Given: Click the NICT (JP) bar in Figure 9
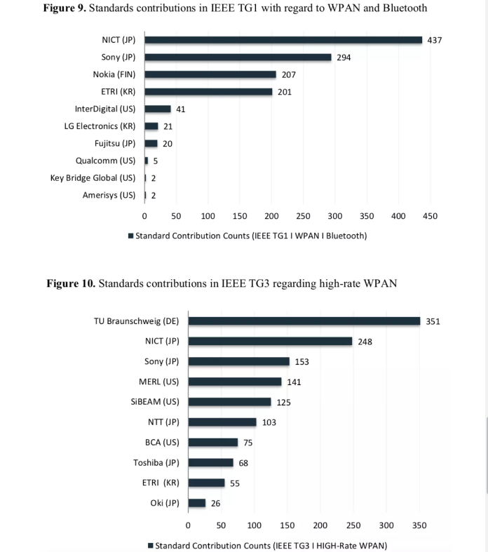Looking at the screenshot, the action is click(x=283, y=40).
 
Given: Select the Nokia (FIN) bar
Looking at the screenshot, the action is click(x=210, y=74).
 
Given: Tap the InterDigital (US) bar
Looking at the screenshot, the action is click(x=158, y=109).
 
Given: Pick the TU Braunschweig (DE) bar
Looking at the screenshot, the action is click(x=304, y=321).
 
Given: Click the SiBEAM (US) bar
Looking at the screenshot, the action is click(x=230, y=402).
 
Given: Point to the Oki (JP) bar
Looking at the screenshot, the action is click(x=197, y=503).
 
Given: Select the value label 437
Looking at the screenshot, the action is click(x=435, y=40).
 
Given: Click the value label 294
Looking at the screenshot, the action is click(x=344, y=58).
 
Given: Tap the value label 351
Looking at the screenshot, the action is click(x=433, y=321).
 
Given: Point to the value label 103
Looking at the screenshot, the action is click(x=269, y=422).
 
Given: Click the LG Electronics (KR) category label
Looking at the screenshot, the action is click(x=100, y=126).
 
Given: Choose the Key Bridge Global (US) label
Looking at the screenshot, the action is click(x=93, y=177).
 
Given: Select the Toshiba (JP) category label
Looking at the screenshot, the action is click(x=156, y=463).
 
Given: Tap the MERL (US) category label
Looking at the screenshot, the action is click(x=159, y=382).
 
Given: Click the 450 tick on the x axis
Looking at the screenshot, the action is click(x=430, y=216).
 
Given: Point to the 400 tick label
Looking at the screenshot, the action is click(x=398, y=216).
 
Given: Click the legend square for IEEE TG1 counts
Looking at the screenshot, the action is click(x=131, y=236).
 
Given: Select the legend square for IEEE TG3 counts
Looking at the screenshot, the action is click(x=151, y=546).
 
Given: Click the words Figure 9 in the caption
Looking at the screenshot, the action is click(x=65, y=8).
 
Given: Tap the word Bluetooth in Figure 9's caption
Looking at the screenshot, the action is click(x=405, y=8).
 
